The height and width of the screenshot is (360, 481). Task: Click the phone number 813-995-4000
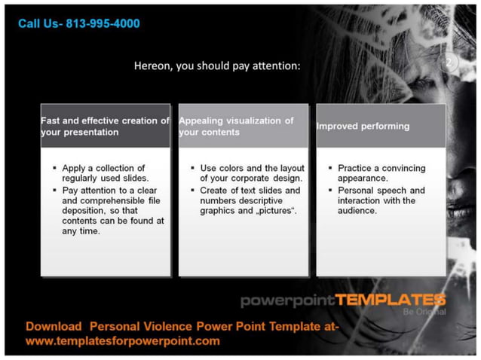pyautogui.click(x=103, y=24)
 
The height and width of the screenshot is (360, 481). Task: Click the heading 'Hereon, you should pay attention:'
pyautogui.click(x=217, y=66)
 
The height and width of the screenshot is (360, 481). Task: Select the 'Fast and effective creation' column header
pyautogui.click(x=105, y=126)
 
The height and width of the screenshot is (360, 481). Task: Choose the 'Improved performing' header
pyautogui.click(x=363, y=127)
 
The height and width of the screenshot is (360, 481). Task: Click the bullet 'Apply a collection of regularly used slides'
pyautogui.click(x=105, y=173)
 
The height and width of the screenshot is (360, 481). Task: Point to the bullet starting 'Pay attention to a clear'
pyautogui.click(x=112, y=211)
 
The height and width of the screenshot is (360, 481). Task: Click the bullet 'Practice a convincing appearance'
pyautogui.click(x=381, y=173)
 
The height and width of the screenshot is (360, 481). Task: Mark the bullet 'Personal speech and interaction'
pyautogui.click(x=381, y=200)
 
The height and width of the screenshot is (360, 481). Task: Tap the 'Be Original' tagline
pyautogui.click(x=424, y=312)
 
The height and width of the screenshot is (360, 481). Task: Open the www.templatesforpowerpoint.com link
pyautogui.click(x=123, y=341)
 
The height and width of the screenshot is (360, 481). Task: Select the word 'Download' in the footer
pyautogui.click(x=54, y=327)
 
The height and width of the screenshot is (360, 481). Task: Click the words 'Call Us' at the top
pyautogui.click(x=38, y=24)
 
